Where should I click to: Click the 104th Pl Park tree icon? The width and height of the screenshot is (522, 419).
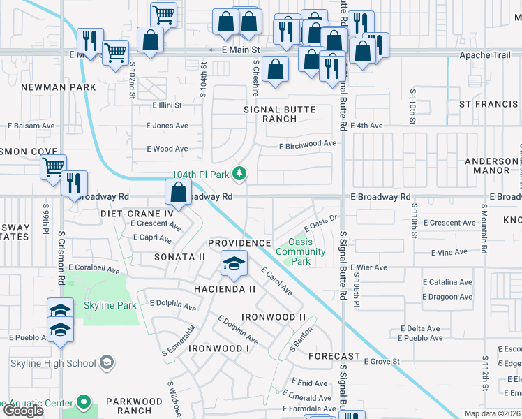click(x=240, y=173)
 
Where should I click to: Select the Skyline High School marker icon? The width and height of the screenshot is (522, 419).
click(x=106, y=362)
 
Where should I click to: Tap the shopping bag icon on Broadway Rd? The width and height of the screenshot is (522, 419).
click(x=178, y=193)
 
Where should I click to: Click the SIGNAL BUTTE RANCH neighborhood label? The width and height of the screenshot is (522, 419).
click(x=279, y=114)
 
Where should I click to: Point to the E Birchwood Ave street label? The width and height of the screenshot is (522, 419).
click(x=307, y=144)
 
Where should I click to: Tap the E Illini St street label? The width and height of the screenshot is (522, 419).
click(x=167, y=105)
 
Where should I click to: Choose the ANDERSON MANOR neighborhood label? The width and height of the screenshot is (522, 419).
click(x=492, y=166)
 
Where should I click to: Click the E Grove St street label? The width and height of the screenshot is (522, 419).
click(x=381, y=361)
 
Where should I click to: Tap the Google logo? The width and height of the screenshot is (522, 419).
click(x=23, y=411)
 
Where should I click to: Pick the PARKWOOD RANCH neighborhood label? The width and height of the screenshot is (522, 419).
click(x=134, y=406)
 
